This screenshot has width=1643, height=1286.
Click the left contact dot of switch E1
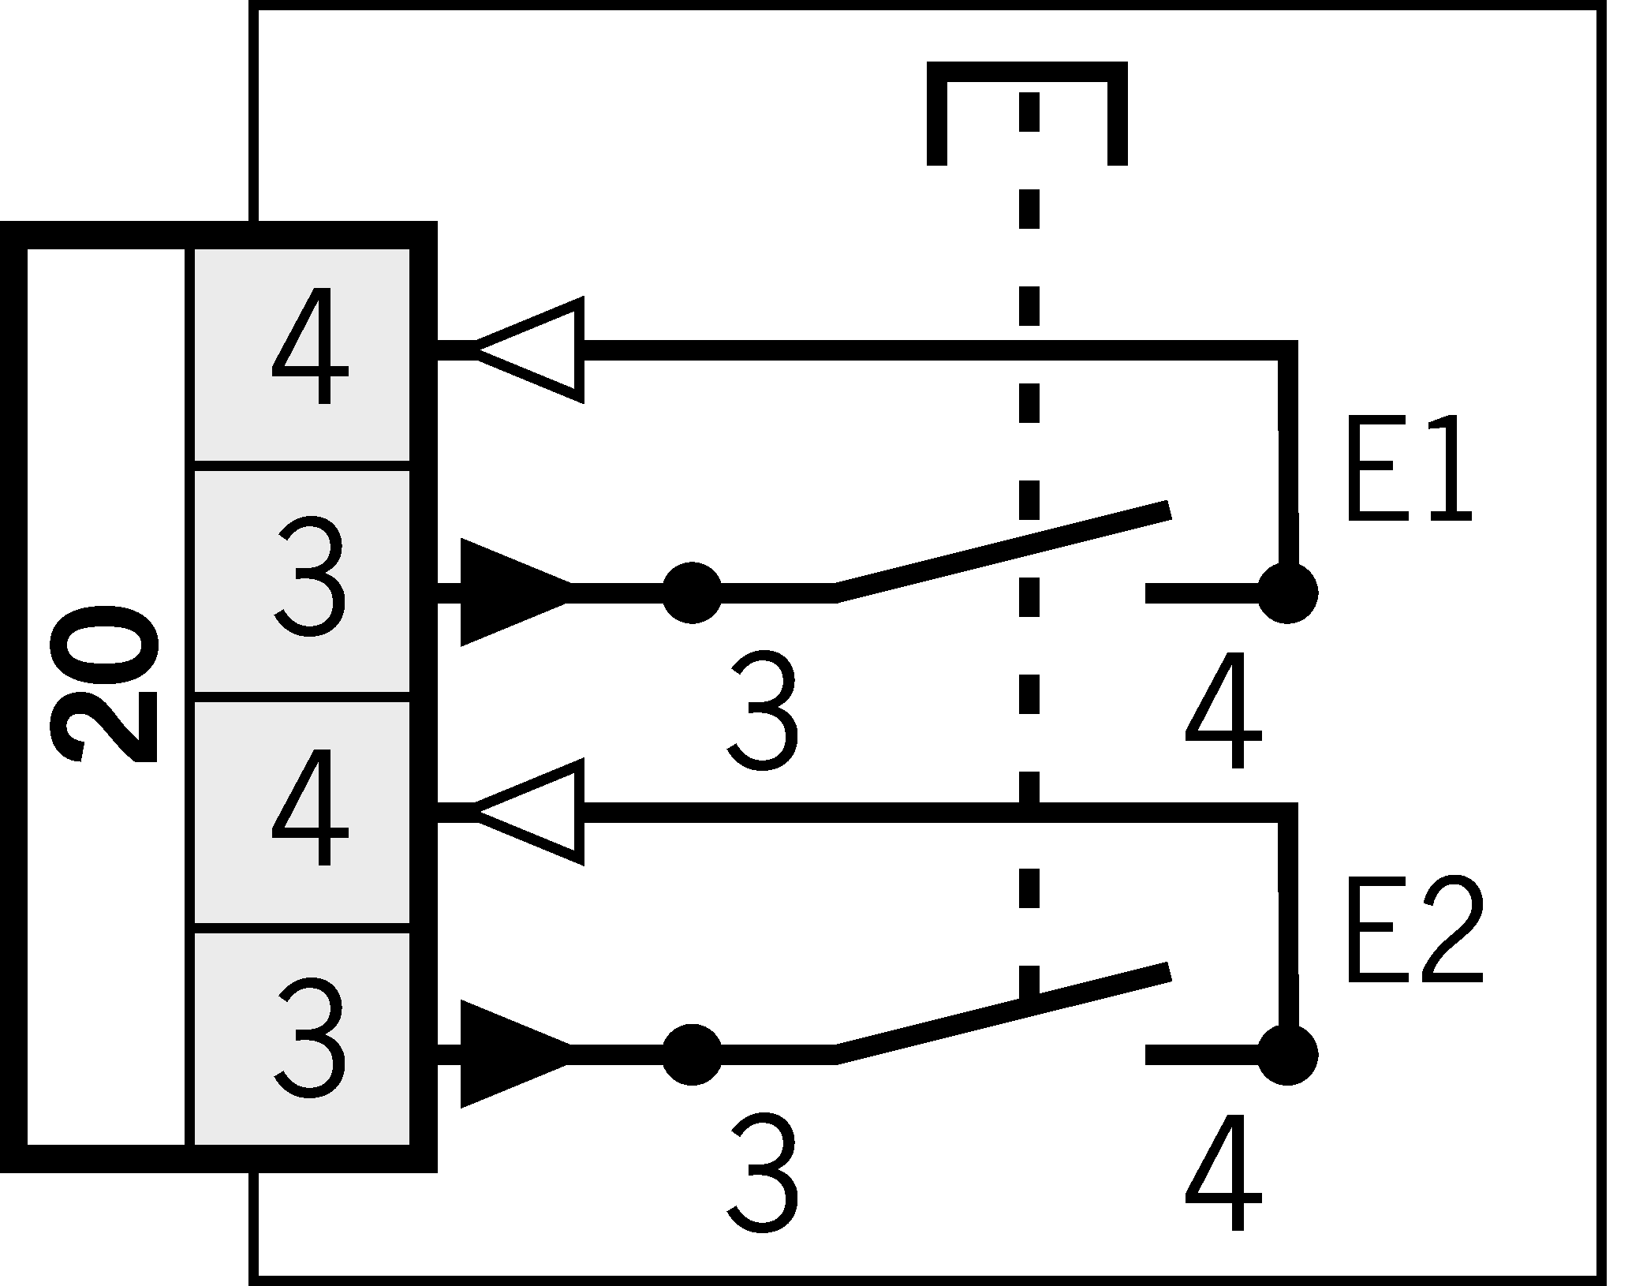coord(692,592)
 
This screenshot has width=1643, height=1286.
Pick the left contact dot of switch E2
coord(692,1053)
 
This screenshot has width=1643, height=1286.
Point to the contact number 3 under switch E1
coord(762,710)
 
